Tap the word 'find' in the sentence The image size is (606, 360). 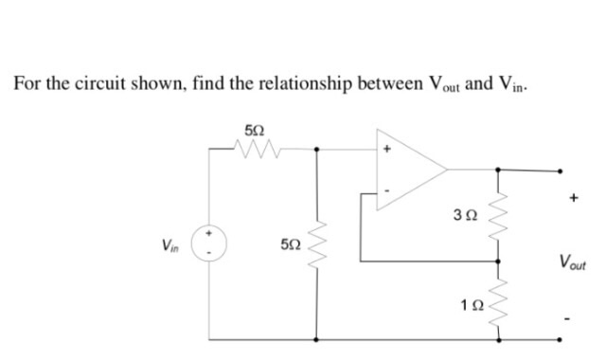coord(211,83)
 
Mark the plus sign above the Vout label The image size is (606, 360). coord(572,201)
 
